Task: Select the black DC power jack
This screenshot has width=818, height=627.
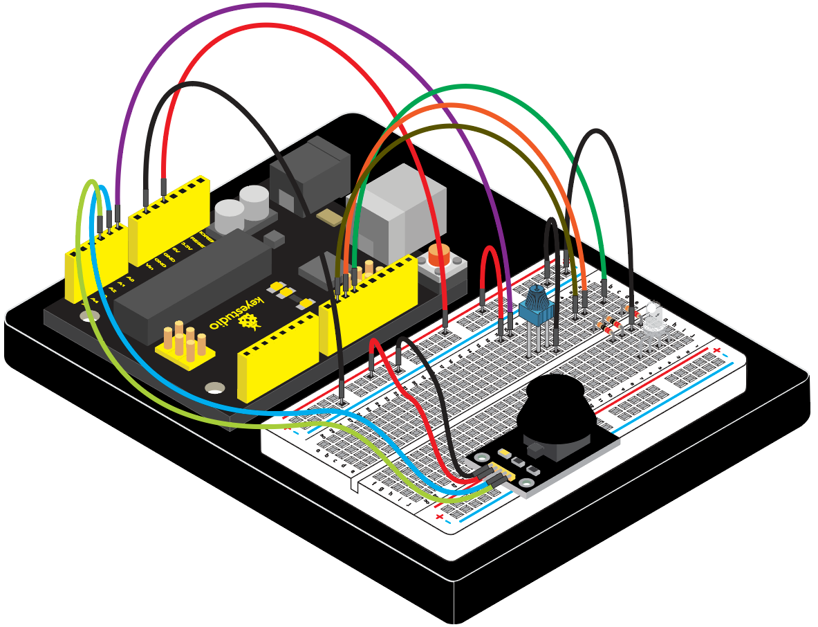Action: click(311, 173)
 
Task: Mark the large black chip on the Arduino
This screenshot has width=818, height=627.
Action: click(194, 284)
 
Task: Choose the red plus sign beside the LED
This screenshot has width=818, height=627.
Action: click(716, 352)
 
